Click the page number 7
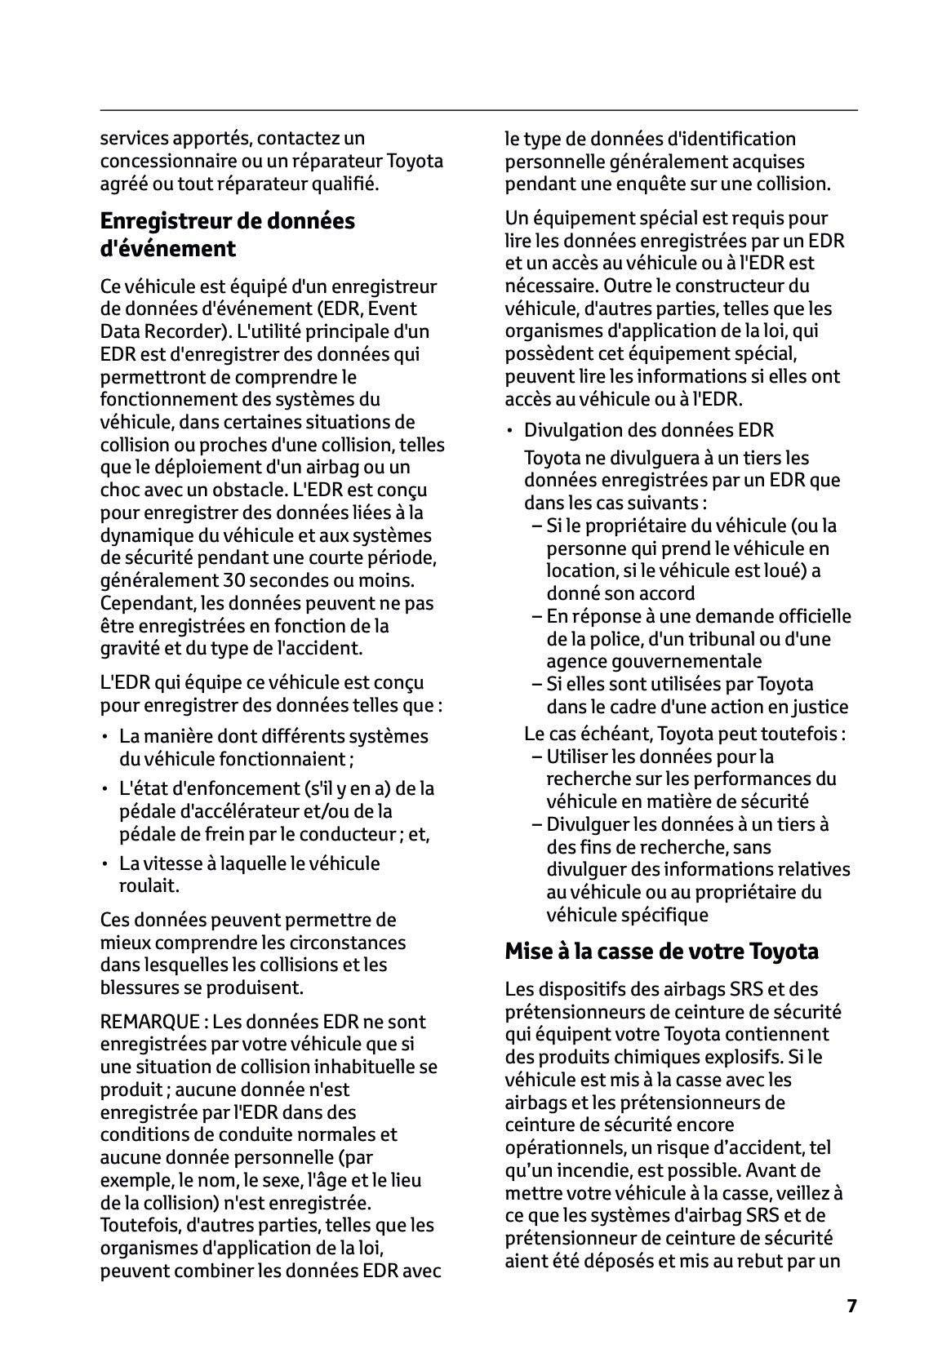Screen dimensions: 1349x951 point(851,1306)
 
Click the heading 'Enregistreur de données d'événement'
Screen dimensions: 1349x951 point(227,234)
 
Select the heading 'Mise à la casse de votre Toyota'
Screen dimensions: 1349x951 point(661,952)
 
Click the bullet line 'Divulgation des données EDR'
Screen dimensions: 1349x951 point(648,430)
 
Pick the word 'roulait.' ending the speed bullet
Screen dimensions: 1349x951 point(149,885)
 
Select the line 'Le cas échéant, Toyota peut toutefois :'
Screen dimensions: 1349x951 point(684,734)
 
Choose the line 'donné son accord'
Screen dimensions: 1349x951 point(620,593)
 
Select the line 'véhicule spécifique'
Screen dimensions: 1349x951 point(627,915)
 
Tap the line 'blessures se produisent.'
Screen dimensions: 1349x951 point(202,987)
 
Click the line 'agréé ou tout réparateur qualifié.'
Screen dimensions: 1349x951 point(239,184)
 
